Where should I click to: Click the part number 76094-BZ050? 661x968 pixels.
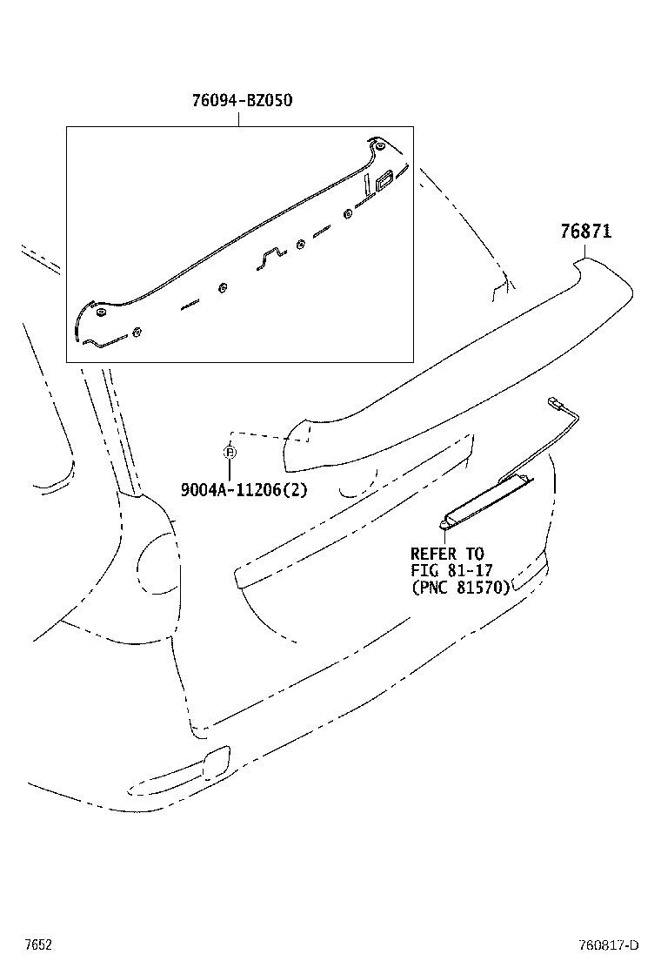pos(242,100)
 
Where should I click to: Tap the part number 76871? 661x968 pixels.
pos(585,232)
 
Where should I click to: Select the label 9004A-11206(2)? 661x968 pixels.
pos(244,490)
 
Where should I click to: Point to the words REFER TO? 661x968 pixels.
pos(447,554)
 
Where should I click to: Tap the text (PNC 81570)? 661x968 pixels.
pos(460,587)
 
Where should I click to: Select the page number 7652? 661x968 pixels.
pos(38,944)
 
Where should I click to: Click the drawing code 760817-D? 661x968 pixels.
pos(609,945)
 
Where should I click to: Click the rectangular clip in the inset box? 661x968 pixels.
pos(384,182)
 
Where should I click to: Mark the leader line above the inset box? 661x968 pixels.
pos(239,118)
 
